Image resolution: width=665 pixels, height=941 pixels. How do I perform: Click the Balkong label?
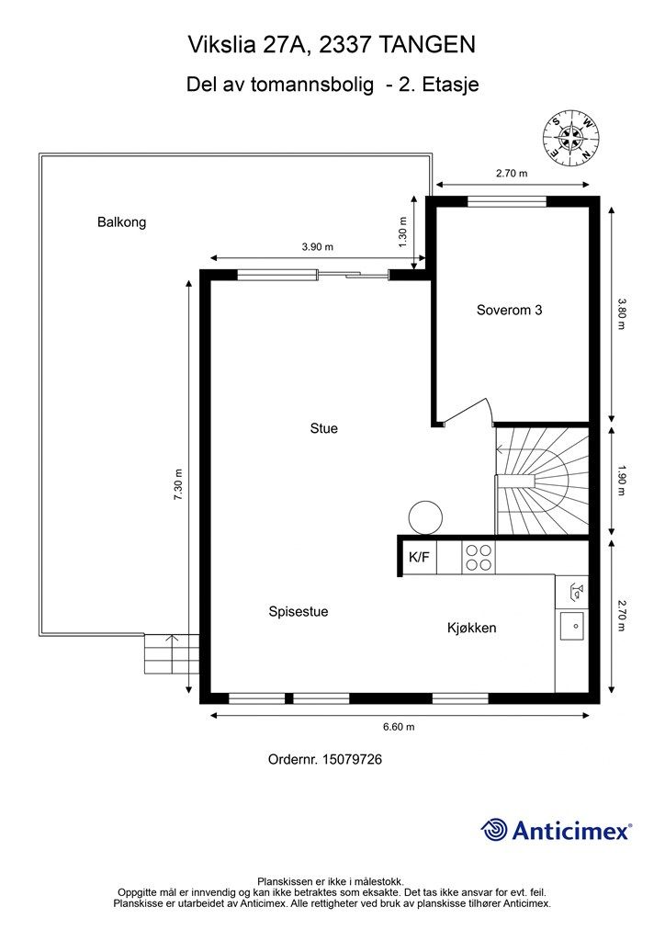[121, 221]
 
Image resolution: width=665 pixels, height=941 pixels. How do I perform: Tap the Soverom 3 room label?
[509, 310]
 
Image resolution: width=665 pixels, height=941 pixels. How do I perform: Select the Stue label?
[323, 428]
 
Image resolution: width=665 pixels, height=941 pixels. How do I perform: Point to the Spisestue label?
[299, 611]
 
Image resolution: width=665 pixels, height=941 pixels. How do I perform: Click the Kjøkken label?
[471, 628]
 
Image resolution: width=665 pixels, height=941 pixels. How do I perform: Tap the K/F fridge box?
[419, 556]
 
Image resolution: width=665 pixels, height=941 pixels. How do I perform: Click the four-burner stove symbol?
[479, 557]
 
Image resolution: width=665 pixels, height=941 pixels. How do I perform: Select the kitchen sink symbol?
[571, 626]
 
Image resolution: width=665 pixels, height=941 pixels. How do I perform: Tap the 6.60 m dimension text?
[398, 727]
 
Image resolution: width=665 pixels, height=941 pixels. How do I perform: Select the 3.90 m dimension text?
[317, 247]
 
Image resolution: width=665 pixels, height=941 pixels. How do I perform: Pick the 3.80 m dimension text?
[621, 313]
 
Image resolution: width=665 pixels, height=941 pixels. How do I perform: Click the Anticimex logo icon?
[495, 830]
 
